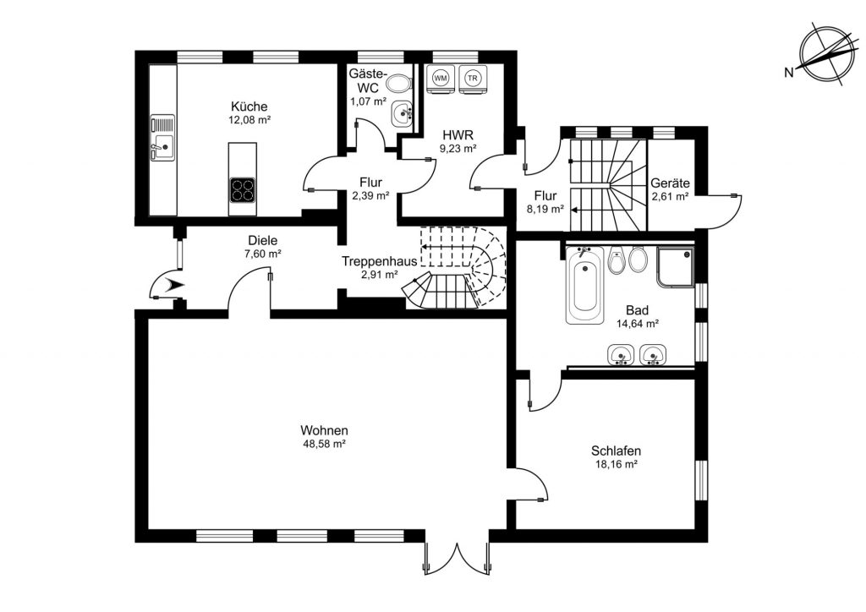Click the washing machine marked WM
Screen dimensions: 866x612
[x=440, y=79]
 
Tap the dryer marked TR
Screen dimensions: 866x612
[x=472, y=79]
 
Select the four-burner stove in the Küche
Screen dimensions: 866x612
[x=243, y=190]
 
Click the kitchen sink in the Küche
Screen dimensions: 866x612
[x=162, y=138]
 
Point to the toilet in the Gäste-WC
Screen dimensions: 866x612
[x=399, y=84]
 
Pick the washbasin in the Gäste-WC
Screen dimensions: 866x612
[x=402, y=113]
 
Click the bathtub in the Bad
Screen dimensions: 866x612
[x=584, y=285]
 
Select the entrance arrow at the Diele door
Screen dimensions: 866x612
[x=176, y=285]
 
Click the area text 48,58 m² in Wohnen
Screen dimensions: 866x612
[x=324, y=444]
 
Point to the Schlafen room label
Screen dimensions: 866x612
[x=616, y=451]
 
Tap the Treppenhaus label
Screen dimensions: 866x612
[x=379, y=261]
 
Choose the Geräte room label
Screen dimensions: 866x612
[x=670, y=183]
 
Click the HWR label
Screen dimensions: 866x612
[x=458, y=135]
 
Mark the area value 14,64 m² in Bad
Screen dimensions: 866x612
[x=638, y=324]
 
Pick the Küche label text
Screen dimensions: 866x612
[x=249, y=107]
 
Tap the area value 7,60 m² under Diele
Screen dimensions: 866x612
[x=263, y=254]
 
